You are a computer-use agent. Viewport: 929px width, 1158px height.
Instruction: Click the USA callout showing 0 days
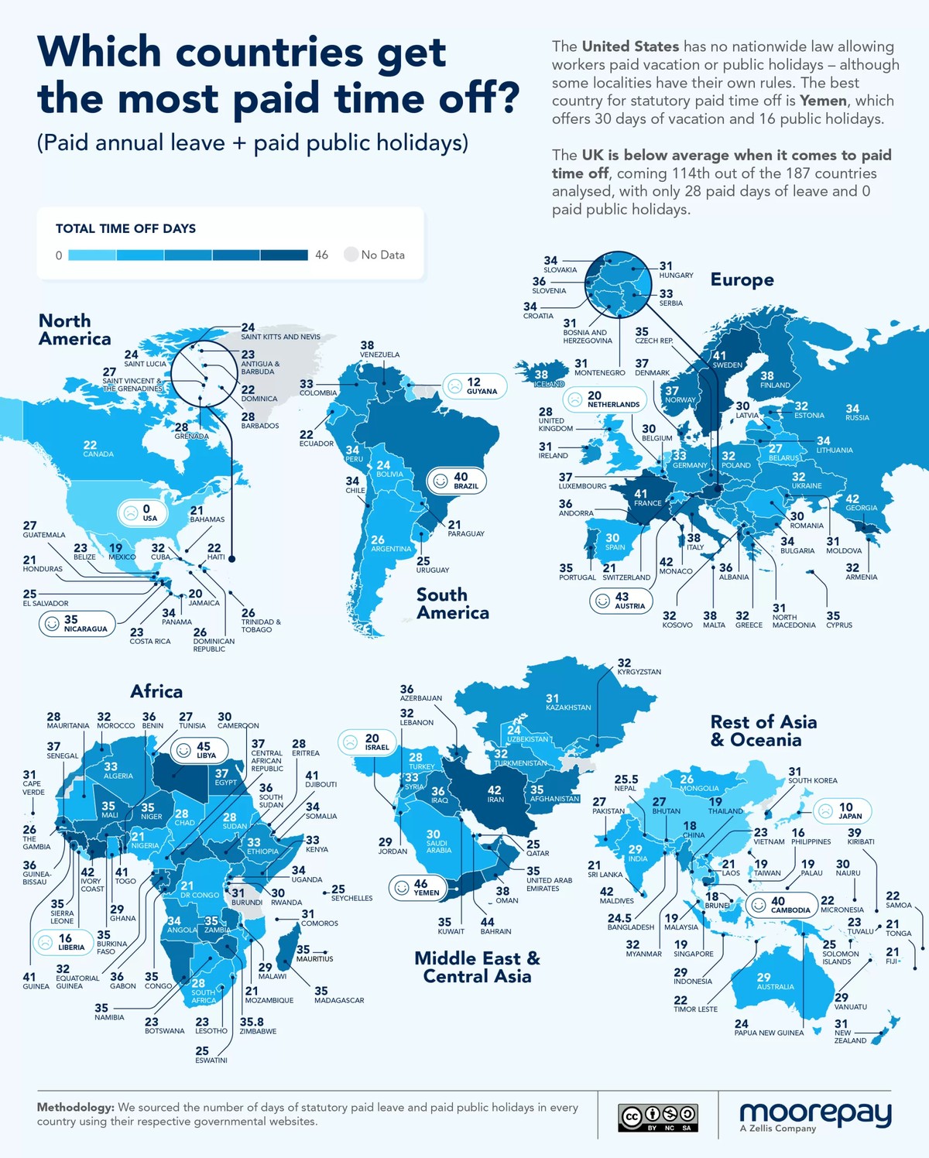click(x=139, y=512)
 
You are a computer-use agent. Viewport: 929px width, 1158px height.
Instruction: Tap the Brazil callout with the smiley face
click(x=458, y=481)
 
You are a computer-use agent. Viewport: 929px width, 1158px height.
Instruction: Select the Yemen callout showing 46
click(x=418, y=887)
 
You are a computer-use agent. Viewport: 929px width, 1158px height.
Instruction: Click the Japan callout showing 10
click(x=842, y=810)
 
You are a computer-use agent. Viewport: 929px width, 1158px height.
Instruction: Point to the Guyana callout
click(x=475, y=385)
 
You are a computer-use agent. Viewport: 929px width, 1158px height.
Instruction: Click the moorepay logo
click(x=815, y=1115)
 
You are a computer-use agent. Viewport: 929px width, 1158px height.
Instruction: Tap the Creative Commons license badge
click(x=658, y=1117)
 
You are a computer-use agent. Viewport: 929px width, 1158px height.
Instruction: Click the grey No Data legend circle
click(x=351, y=255)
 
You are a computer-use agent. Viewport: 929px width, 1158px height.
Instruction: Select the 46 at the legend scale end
click(x=321, y=255)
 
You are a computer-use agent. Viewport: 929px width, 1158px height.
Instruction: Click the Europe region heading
click(x=742, y=279)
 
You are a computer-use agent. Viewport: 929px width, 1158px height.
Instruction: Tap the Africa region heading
click(x=156, y=691)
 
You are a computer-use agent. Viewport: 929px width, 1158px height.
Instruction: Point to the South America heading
click(x=452, y=604)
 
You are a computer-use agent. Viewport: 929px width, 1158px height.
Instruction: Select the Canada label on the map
click(x=98, y=449)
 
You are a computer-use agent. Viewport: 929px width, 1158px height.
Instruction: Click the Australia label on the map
click(x=774, y=982)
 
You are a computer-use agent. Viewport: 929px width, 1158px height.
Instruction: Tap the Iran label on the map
click(x=495, y=794)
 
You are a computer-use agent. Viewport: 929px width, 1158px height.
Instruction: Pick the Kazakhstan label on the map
click(x=567, y=703)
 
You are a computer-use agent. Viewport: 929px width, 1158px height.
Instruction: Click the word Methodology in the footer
click(x=75, y=1108)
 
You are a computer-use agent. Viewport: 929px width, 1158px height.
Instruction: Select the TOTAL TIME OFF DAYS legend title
click(x=125, y=228)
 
